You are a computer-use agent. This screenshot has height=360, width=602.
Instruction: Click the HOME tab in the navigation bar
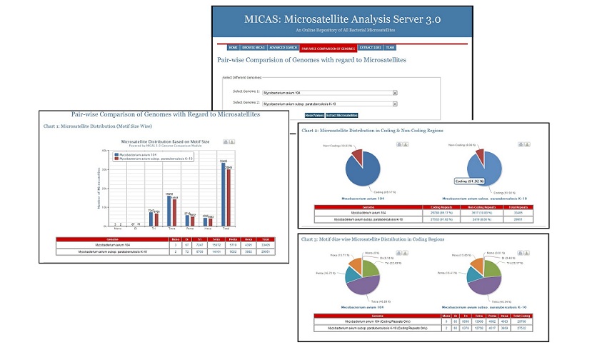(234, 48)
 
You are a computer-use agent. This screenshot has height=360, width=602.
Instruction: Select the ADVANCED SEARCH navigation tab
(284, 48)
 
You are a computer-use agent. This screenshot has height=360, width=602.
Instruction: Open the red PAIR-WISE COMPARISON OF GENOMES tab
(328, 48)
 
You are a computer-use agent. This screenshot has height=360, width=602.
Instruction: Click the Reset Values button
(314, 114)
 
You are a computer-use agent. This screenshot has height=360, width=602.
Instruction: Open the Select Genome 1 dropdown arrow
(395, 93)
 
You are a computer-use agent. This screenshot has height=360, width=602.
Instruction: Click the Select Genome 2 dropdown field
(328, 104)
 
